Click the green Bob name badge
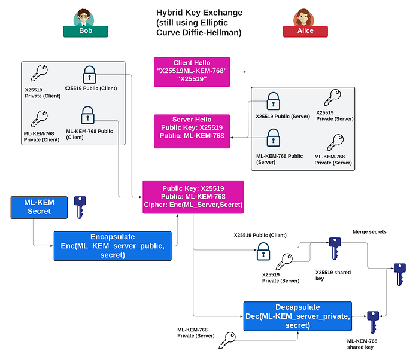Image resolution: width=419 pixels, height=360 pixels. click(x=86, y=31)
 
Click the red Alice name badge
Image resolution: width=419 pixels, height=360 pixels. click(x=305, y=31)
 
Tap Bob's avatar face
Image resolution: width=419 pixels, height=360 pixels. click(x=84, y=17)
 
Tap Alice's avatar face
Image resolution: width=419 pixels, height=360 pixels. click(x=303, y=17)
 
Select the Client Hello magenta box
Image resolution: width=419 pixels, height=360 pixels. click(x=192, y=72)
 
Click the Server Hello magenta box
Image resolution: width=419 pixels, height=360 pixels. click(x=192, y=131)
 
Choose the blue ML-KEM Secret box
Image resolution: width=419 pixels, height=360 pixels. click(x=39, y=208)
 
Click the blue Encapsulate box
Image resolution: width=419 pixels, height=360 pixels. click(x=113, y=246)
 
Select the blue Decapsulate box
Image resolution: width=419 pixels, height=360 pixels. click(x=297, y=316)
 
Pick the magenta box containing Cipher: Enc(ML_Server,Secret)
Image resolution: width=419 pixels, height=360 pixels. click(x=193, y=197)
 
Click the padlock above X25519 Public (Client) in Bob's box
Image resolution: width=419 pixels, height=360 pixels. click(x=89, y=75)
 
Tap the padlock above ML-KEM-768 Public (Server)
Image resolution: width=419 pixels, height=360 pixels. click(x=273, y=138)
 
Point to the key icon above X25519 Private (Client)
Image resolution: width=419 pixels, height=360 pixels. click(x=39, y=72)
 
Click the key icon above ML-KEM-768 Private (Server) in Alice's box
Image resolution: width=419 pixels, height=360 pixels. click(x=335, y=142)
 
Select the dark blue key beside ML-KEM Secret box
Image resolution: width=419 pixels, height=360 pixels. click(x=80, y=208)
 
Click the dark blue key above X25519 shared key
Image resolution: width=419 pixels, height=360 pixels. click(x=335, y=249)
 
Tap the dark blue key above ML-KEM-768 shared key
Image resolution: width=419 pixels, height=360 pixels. click(x=373, y=322)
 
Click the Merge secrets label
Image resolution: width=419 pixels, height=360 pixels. click(x=369, y=232)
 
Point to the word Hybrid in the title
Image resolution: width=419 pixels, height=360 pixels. click(x=169, y=13)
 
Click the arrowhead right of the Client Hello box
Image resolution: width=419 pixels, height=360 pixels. click(x=245, y=72)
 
